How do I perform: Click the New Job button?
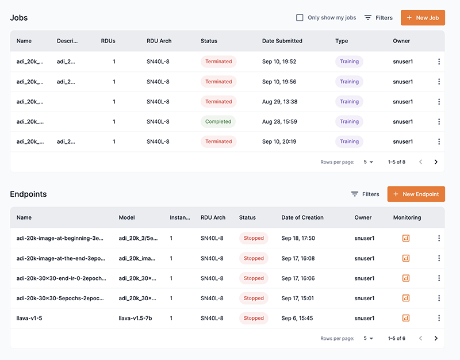[423, 18]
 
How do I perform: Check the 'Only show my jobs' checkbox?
[300, 18]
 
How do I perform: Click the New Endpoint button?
[416, 194]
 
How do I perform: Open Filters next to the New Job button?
[378, 18]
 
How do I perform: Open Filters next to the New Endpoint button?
[365, 194]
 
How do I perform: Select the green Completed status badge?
[218, 122]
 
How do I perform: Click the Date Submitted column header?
[282, 41]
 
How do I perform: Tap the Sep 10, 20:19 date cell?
[279, 141]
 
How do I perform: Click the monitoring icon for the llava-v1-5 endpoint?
[406, 318]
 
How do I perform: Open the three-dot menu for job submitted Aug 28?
[439, 122]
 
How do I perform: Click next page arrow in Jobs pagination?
[436, 162]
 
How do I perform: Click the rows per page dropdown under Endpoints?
[369, 339]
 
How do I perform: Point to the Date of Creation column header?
[302, 218]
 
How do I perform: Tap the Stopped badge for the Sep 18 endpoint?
[254, 238]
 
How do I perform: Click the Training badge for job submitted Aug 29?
[349, 102]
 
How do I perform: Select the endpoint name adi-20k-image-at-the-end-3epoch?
[61, 258]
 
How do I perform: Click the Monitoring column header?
[407, 218]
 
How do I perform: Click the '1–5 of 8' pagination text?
[396, 162]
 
